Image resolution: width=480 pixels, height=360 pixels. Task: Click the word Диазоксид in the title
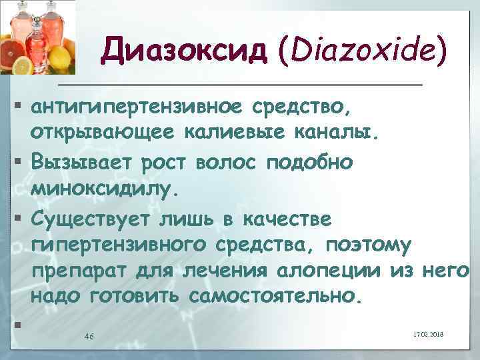[x=177, y=49]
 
